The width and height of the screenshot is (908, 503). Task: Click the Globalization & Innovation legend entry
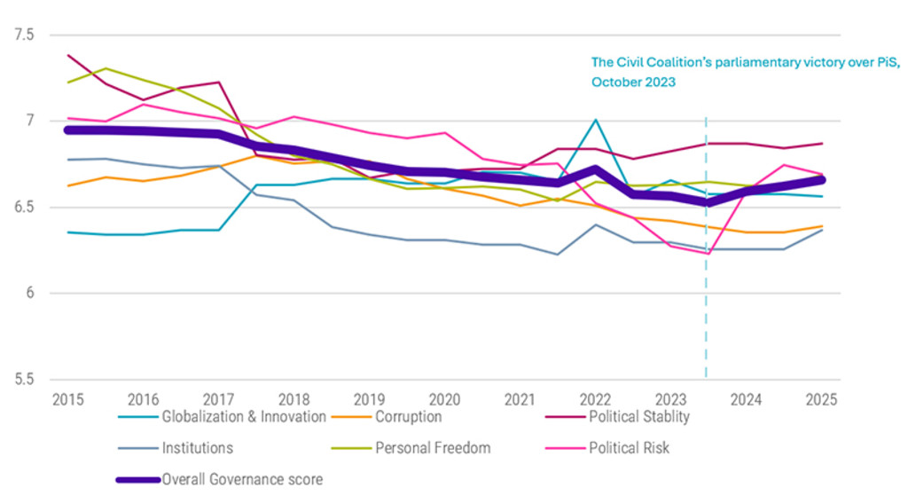coord(243,416)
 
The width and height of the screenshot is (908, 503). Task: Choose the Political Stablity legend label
coord(638,416)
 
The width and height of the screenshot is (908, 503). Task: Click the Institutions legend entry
coord(197,448)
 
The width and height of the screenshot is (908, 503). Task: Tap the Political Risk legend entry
coord(629,448)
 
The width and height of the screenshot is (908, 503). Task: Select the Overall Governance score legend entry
coord(242,480)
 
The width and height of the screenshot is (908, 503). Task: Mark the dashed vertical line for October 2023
coord(706,266)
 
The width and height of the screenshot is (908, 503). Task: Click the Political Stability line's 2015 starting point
coord(67,55)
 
